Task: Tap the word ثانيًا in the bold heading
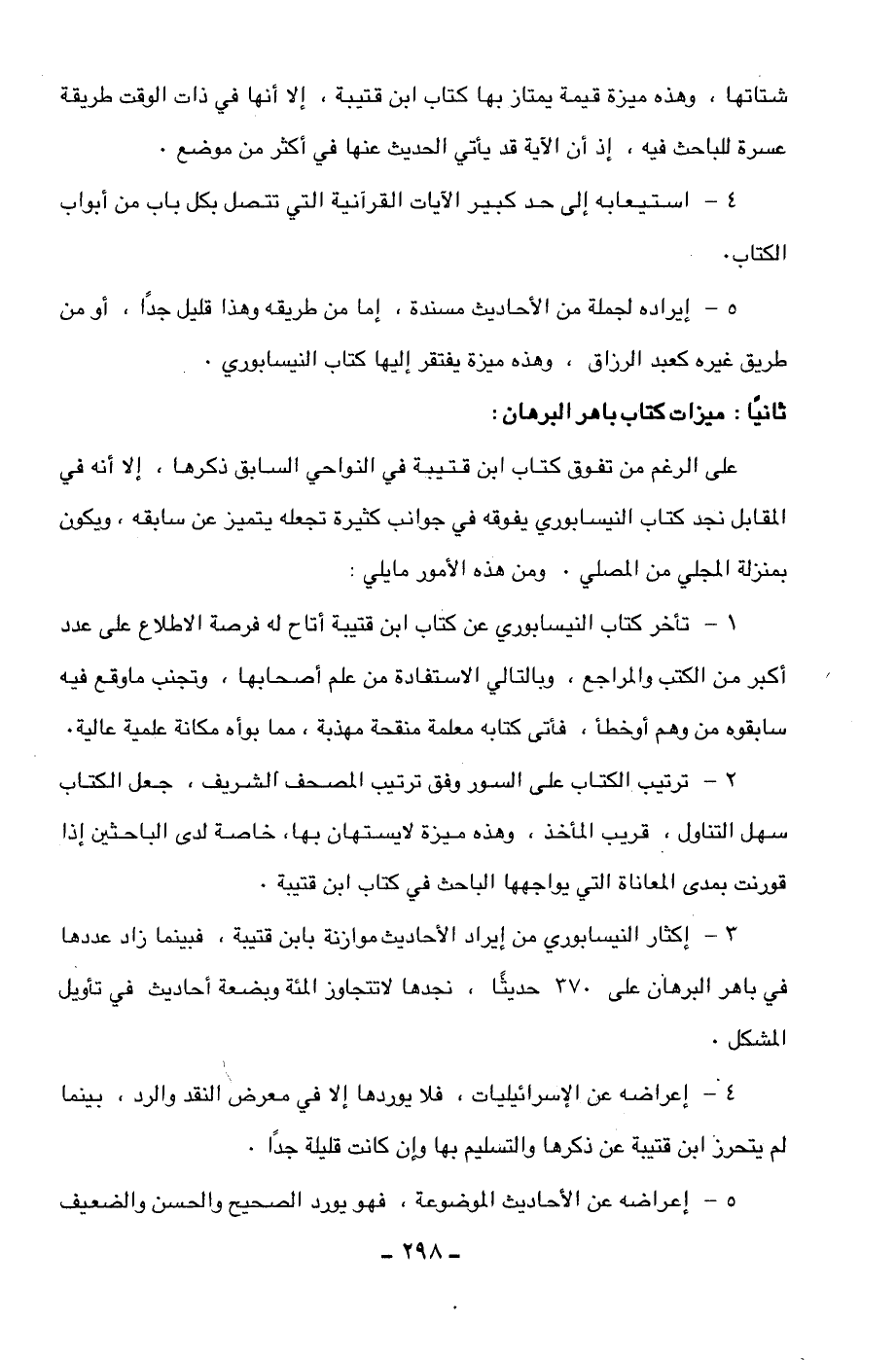[763, 412]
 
